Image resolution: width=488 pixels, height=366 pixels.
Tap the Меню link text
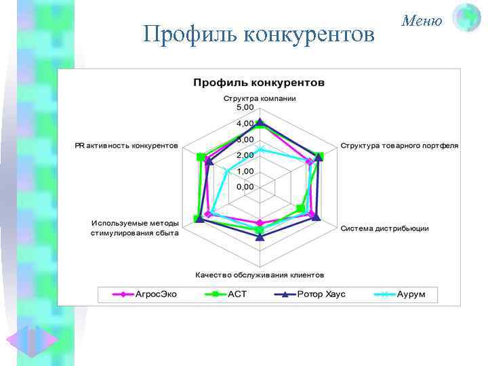[x=422, y=21]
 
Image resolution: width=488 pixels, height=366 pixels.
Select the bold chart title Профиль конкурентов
[x=259, y=83]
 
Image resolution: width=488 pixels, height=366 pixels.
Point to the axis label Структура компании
[x=260, y=98]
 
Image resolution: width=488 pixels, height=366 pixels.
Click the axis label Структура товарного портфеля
[x=399, y=145]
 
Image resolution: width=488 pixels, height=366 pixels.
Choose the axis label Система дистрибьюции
[x=384, y=228]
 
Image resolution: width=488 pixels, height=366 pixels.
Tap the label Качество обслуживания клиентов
[x=260, y=275]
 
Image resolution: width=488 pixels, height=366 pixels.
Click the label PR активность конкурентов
[x=127, y=145]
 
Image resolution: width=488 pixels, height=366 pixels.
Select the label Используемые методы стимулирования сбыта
[x=135, y=228]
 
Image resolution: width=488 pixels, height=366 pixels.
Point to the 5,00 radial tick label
[x=245, y=108]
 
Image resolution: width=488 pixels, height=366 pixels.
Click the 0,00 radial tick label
[x=245, y=186]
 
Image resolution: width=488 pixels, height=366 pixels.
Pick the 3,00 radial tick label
[x=245, y=140]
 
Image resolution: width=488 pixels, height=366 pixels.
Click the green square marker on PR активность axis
[x=200, y=157]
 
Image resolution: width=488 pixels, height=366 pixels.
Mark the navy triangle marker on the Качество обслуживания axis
[x=260, y=237]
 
